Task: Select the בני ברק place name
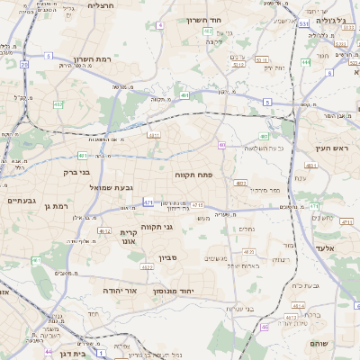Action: (75, 171)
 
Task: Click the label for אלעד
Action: (325, 247)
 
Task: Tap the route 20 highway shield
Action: (23, 65)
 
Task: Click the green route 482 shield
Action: (58, 104)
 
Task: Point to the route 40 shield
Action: (221, 144)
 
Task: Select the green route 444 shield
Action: (306, 62)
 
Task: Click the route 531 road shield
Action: (304, 23)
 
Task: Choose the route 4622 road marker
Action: (148, 267)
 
